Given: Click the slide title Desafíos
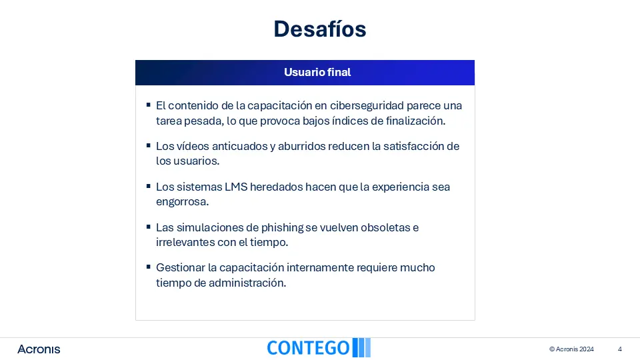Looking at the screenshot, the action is [320, 29].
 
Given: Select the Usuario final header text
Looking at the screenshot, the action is [317, 72].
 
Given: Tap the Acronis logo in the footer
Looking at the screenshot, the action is [39, 349].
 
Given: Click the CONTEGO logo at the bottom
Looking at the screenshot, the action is [319, 348].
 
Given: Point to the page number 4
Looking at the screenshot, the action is [619, 349].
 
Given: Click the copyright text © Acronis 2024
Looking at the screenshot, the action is [571, 349].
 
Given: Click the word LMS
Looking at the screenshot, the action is [236, 187].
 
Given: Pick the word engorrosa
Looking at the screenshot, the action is [182, 202].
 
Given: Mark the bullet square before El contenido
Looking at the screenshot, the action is [148, 105].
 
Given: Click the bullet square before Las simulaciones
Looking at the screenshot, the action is [148, 227].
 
